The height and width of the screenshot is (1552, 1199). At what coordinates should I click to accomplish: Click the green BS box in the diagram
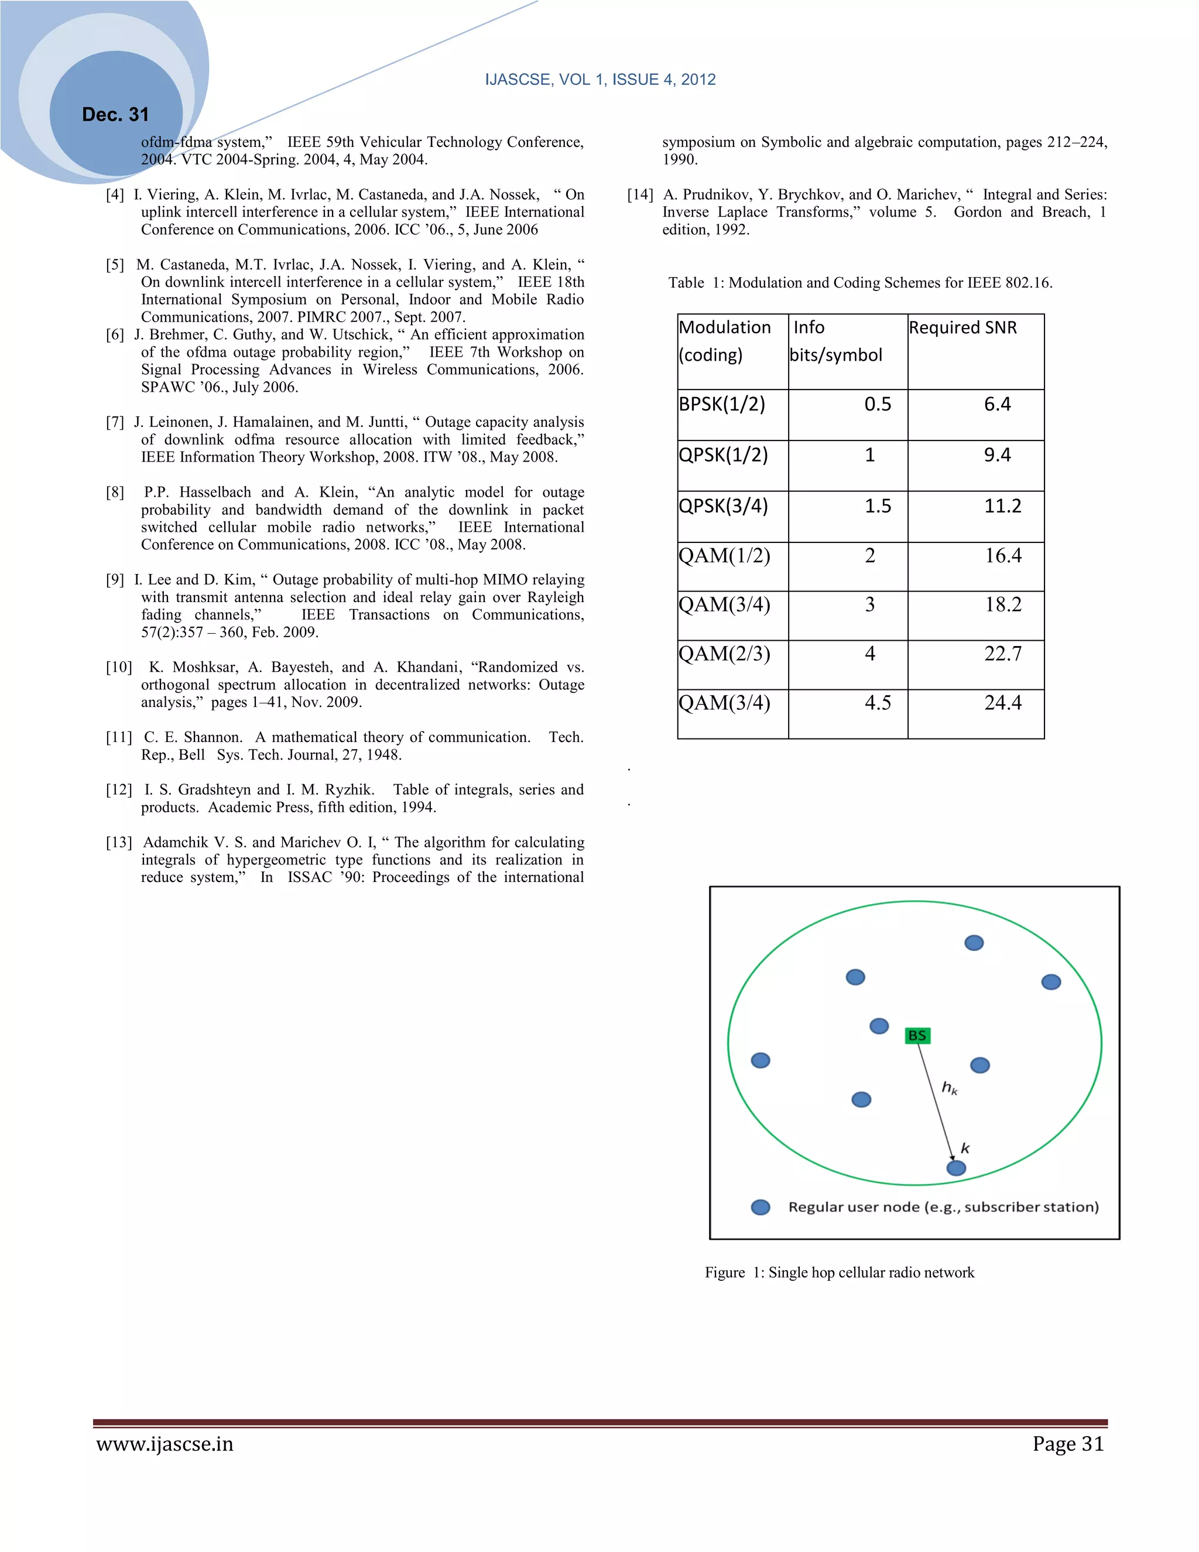click(917, 1035)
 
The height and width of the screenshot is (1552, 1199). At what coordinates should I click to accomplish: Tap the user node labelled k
click(956, 1168)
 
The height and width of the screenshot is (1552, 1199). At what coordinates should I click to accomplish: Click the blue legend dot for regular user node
click(760, 1208)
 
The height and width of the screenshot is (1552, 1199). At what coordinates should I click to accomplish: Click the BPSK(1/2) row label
click(722, 404)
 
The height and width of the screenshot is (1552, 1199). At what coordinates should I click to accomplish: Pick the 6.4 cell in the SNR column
click(996, 404)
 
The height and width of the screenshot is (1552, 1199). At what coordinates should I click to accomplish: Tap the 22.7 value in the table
click(1002, 653)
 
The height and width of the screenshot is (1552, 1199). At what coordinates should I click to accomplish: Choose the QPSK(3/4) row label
click(723, 505)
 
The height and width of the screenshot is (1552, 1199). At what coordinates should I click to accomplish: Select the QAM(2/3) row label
click(724, 653)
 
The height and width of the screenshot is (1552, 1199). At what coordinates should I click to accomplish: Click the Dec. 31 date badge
click(115, 114)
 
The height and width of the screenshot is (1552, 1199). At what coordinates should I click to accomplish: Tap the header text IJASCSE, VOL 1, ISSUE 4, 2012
click(600, 80)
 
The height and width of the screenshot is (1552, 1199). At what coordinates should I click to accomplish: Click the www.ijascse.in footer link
click(165, 1445)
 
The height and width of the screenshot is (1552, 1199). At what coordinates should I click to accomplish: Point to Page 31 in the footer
click(1068, 1445)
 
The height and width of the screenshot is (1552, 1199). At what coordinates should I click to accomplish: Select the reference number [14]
click(639, 194)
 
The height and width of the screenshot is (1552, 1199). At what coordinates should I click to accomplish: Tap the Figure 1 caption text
click(839, 1272)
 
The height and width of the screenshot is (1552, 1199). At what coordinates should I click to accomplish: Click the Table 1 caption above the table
click(859, 283)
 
